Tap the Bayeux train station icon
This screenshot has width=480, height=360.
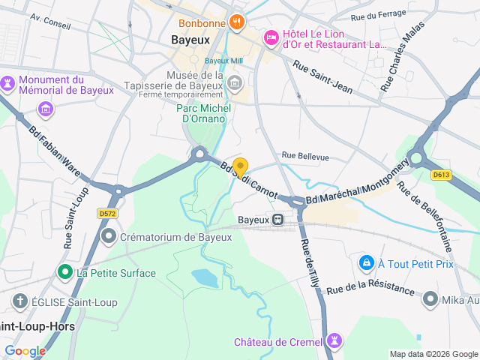coord(277,220)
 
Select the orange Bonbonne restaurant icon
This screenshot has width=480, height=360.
coord(236,22)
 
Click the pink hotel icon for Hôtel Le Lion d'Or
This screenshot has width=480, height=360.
coord(271,37)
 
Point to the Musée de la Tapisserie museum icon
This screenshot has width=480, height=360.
coord(235,82)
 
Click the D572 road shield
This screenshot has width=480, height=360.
coord(108,214)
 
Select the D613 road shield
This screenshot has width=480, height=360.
coord(441,175)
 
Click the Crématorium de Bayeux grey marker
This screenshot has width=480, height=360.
coord(109,237)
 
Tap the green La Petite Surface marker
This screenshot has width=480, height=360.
coord(65,272)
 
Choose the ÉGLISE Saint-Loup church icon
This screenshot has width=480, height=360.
coord(20,301)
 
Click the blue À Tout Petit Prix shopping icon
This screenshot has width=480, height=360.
coord(366,262)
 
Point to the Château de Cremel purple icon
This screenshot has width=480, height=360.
coord(334,341)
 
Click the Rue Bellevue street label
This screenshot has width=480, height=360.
coord(305,156)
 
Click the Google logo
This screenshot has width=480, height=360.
coord(25,350)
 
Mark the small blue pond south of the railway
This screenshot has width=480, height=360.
coord(205,277)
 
